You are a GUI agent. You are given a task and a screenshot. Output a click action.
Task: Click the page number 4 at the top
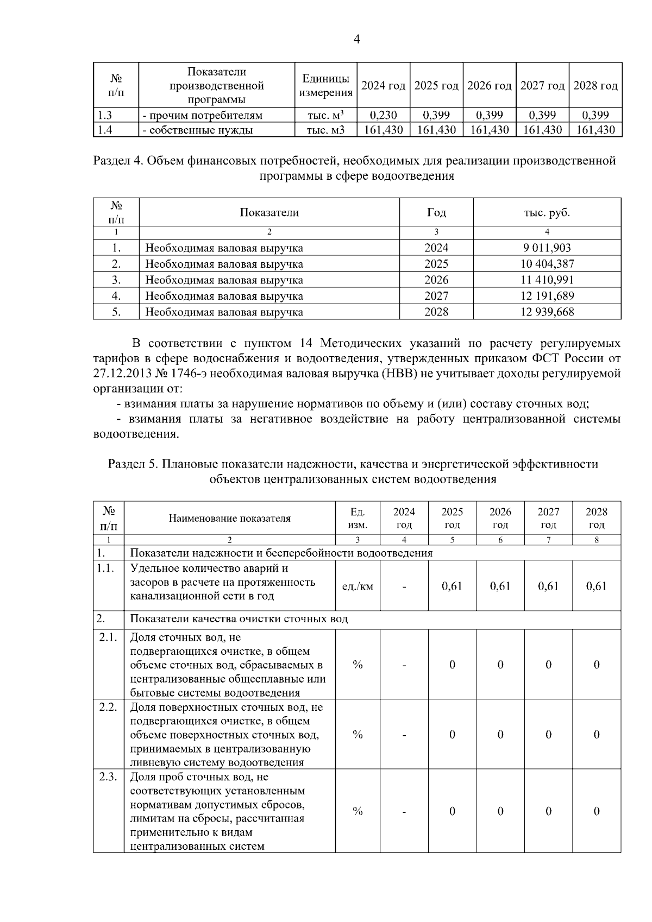pos(356,39)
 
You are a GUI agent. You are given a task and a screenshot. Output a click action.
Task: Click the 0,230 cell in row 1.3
pos(383,115)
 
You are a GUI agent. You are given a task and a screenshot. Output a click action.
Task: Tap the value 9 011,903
pos(547,248)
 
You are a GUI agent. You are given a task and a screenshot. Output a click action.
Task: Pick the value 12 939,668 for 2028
pos(547,312)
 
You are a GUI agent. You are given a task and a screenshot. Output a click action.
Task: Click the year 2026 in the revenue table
pos(436,280)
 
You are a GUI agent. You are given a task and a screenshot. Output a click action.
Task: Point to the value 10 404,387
pos(547,264)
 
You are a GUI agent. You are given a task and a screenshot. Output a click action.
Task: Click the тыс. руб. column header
pos(547,212)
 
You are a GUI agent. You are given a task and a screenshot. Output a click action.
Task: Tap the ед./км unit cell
pos(358,586)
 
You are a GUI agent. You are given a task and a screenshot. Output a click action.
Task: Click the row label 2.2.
pos(108,708)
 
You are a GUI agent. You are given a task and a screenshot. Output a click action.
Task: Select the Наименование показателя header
pos(229,519)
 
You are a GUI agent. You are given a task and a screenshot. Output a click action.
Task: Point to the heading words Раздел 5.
pos(132,464)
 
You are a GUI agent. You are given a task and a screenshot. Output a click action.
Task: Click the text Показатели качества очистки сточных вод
pos(239,620)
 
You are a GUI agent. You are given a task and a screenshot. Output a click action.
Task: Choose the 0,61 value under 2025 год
pos(452,586)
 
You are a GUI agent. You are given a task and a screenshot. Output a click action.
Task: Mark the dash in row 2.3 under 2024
pos(404,812)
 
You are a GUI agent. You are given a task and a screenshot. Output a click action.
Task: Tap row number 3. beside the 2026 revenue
pos(116,280)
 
